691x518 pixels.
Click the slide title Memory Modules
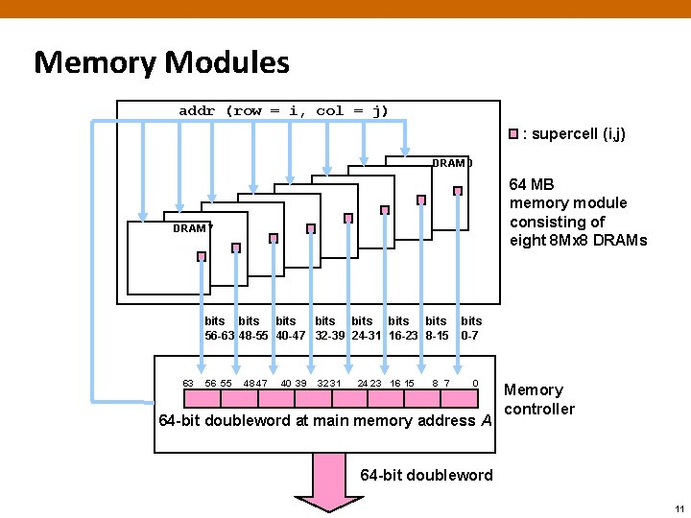[161, 63]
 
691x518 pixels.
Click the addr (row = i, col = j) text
[283, 110]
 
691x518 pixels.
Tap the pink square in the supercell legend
[513, 134]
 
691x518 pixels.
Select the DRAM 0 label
[452, 163]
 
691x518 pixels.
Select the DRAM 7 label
[192, 228]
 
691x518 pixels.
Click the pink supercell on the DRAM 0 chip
[458, 191]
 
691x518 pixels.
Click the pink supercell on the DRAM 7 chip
[202, 256]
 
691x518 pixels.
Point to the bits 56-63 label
[218, 328]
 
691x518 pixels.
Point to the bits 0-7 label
[471, 328]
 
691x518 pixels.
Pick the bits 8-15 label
[437, 328]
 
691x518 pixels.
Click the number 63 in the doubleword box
[188, 384]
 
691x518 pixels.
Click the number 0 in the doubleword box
[475, 384]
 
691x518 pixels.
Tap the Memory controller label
[538, 399]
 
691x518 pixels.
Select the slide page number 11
[679, 508]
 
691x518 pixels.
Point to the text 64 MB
[532, 184]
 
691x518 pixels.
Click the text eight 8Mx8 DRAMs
[578, 240]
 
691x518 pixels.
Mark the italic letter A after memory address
[487, 420]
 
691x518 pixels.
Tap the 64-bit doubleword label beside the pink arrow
[426, 475]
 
